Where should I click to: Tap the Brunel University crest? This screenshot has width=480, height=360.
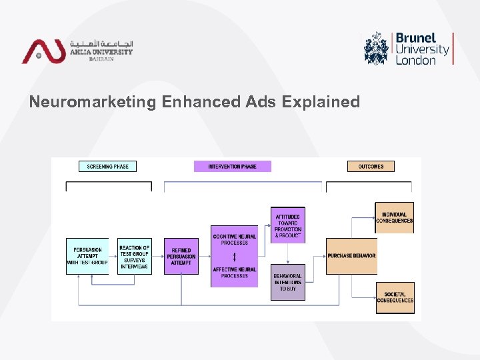(377, 48)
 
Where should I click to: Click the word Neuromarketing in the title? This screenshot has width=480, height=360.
(92, 102)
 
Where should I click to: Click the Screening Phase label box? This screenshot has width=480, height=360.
(107, 166)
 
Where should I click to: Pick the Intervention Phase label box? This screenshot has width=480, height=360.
(232, 166)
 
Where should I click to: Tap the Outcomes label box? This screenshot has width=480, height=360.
(371, 166)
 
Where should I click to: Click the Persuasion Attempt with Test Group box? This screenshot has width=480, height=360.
(87, 256)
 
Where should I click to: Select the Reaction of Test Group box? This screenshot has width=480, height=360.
(134, 256)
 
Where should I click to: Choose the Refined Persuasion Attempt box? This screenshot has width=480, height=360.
(181, 256)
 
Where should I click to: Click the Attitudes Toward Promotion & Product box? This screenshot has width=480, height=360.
(288, 225)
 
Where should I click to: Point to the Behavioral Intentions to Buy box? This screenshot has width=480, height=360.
(288, 282)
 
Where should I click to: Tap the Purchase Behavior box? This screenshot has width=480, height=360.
(351, 256)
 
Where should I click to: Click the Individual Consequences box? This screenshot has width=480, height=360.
(394, 217)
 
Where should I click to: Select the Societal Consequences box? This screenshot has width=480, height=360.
(395, 297)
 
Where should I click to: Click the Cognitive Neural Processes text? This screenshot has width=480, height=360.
(234, 239)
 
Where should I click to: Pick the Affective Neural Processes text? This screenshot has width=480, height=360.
(234, 272)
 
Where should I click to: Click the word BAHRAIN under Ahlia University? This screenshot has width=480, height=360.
(101, 59)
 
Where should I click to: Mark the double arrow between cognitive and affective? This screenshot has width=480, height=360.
(234, 256)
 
